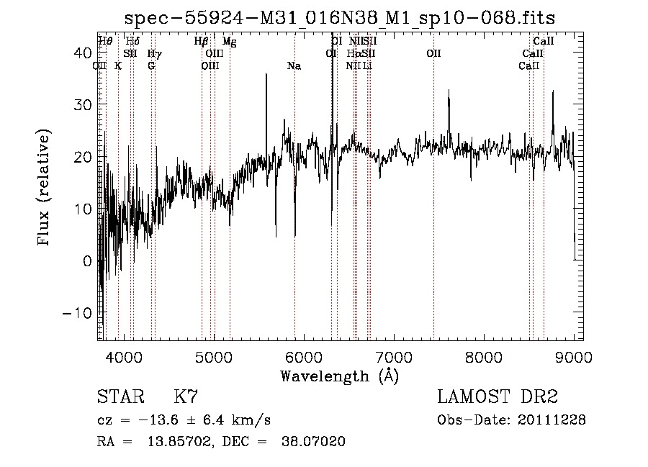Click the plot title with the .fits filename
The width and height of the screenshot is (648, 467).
(x=339, y=17)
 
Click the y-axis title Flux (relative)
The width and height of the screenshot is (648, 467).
(x=45, y=189)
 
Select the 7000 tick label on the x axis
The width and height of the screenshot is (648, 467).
(x=394, y=356)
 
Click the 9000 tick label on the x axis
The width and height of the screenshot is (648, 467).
(x=574, y=356)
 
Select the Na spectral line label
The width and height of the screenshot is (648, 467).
(x=294, y=66)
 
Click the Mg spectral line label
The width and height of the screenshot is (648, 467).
(x=229, y=42)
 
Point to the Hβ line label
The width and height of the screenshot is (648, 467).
(x=202, y=42)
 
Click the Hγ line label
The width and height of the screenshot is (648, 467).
(x=154, y=54)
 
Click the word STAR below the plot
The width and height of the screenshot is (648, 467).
(x=119, y=397)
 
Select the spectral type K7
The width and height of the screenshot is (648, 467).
(x=186, y=397)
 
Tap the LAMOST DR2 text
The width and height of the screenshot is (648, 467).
(x=497, y=397)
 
